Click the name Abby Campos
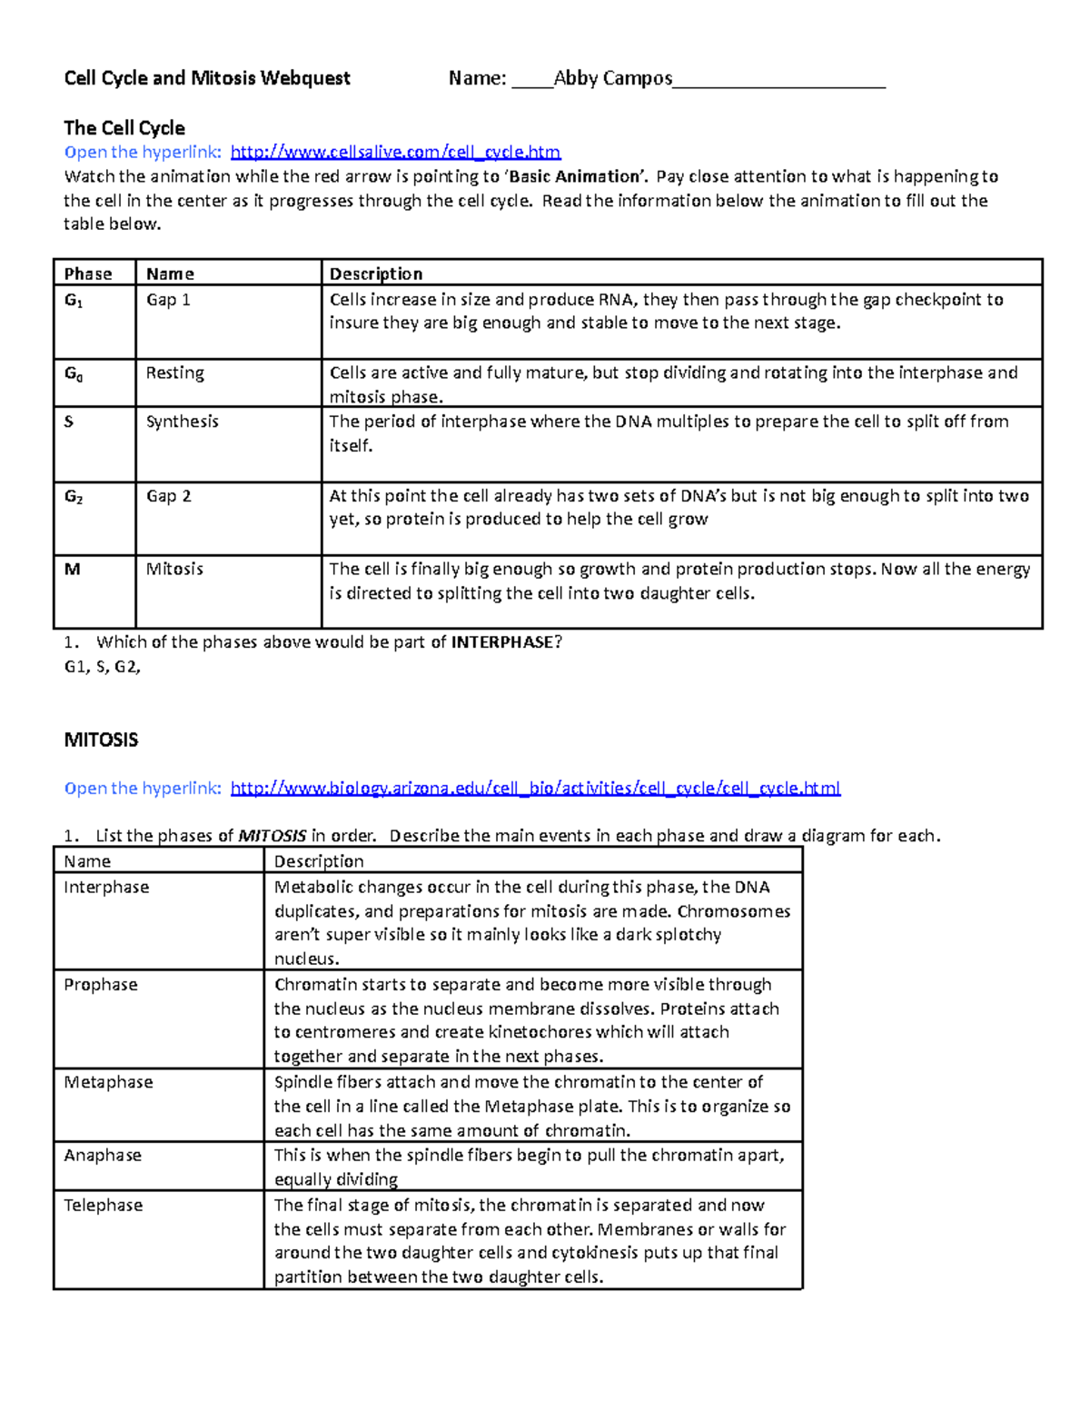pos(613,79)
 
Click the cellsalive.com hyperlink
pos(395,152)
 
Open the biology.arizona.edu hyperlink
pos(535,788)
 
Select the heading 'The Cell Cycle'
pos(124,128)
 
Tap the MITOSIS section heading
pos(101,740)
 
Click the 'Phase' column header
pos(88,273)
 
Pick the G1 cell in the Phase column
pos(74,300)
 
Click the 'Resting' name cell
pos(175,373)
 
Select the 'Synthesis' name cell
pos(183,422)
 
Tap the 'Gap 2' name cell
pos(169,496)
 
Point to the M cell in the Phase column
pos(73,569)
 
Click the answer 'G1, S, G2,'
pos(103,666)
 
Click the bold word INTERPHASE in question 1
pos(502,642)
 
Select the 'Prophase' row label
pos(101,985)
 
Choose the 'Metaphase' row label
pos(108,1082)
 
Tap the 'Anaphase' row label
pos(103,1156)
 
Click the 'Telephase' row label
pos(104,1206)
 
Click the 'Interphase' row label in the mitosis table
pos(106,888)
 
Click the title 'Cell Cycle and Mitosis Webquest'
pos(207,79)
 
